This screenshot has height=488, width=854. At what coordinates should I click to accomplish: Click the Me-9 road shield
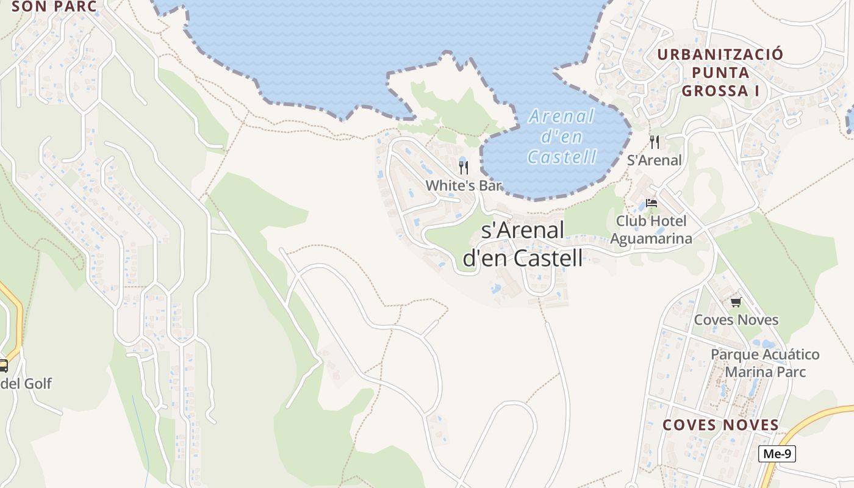[x=777, y=454]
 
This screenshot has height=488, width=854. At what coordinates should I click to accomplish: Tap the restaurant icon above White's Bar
[x=464, y=168]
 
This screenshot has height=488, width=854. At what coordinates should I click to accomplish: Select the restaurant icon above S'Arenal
[x=655, y=142]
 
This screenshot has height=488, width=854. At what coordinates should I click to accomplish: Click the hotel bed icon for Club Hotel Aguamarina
[x=651, y=203]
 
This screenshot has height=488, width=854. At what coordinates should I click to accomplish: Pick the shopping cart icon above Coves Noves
[x=736, y=302]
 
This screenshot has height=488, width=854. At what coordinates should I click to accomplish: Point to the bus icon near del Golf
[x=3, y=366]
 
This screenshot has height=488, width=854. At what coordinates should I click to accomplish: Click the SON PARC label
[x=54, y=7]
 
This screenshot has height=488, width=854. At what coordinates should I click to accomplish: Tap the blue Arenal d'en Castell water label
[x=561, y=137]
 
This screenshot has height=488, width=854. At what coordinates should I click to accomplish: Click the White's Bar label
[x=464, y=185]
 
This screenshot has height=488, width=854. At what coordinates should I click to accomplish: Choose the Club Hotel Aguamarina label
[x=651, y=230]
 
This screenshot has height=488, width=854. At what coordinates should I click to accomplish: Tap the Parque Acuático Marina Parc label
[x=765, y=363]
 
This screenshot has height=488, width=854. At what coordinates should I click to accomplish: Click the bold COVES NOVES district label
[x=720, y=425]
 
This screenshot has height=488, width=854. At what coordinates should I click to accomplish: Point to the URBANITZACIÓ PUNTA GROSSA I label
[x=720, y=73]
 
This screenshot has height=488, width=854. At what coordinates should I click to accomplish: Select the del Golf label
[x=26, y=384]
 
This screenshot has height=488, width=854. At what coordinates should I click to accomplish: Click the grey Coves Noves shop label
[x=736, y=320]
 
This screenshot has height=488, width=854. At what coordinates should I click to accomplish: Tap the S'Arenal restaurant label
[x=655, y=160]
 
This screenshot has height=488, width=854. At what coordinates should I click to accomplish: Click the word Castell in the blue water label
[x=561, y=157]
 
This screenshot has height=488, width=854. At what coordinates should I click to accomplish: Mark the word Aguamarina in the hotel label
[x=651, y=239]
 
